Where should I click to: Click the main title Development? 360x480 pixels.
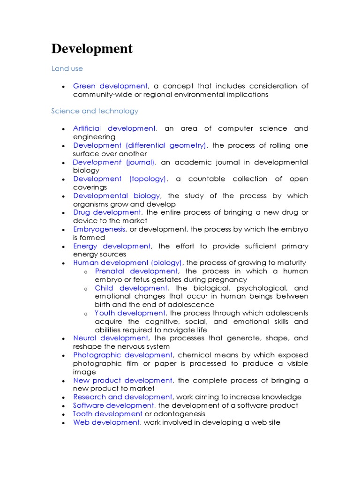tap(92, 49)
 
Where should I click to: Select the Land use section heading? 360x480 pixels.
tap(67, 68)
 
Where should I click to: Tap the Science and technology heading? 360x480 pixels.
tap(95, 111)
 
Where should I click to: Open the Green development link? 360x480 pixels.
tap(110, 86)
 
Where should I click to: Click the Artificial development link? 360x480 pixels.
tap(114, 128)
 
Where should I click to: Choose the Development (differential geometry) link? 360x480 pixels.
tap(140, 145)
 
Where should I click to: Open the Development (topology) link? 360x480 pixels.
tap(120, 179)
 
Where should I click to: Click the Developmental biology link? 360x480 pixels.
tap(117, 196)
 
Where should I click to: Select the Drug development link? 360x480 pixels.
tap(107, 212)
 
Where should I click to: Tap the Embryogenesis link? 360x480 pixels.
tap(99, 229)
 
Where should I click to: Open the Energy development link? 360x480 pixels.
tap(112, 246)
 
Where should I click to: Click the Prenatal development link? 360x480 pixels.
tap(136, 271)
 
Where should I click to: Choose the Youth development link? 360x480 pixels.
tap(130, 313)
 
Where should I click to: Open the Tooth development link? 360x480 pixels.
tap(108, 414)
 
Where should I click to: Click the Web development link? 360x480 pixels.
tap(106, 422)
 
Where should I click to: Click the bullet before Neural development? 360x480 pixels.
tap(63, 338)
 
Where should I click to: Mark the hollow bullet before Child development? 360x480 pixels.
tap(86, 289)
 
